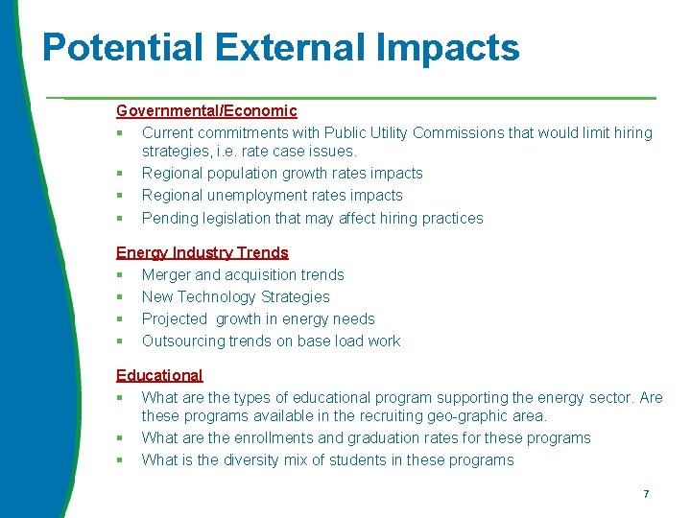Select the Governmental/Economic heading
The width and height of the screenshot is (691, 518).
pyautogui.click(x=206, y=111)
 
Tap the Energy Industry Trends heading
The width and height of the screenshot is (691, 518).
pyautogui.click(x=202, y=252)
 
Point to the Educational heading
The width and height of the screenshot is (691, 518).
pyautogui.click(x=159, y=375)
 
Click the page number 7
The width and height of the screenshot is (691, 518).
pyautogui.click(x=646, y=494)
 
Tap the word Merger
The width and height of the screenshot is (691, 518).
pyautogui.click(x=167, y=274)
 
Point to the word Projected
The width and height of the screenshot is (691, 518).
pyautogui.click(x=175, y=318)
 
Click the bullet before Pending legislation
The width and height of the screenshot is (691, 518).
pyautogui.click(x=120, y=219)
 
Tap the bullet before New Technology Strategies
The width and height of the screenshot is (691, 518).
pyautogui.click(x=120, y=297)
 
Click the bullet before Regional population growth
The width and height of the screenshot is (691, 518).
pyautogui.click(x=120, y=174)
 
